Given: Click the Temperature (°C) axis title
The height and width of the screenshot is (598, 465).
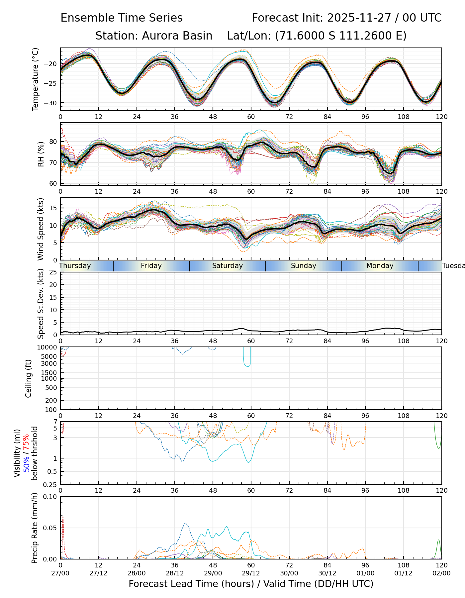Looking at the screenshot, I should (x=36, y=79).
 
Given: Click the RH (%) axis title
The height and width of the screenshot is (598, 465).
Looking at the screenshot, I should (x=41, y=154).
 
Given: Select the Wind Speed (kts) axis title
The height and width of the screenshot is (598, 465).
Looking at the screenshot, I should (x=41, y=229).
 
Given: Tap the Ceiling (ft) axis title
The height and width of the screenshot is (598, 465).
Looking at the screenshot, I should (x=29, y=378).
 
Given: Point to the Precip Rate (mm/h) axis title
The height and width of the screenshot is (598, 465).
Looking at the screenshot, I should (x=35, y=528).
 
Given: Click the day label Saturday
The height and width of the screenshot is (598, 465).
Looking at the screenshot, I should (x=228, y=266).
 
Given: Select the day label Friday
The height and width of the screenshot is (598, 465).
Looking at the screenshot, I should (x=151, y=266).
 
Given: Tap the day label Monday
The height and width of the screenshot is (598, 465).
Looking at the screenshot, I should (x=380, y=266).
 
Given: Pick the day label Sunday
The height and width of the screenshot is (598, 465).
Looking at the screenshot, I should (x=304, y=266).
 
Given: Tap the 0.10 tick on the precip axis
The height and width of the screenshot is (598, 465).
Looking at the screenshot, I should (x=51, y=497).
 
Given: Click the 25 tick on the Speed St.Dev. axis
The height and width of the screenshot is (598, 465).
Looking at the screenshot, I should (x=53, y=272).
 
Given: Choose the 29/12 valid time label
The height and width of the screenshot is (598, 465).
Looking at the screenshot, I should (x=251, y=573).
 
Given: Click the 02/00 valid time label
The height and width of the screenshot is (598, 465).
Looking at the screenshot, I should (x=441, y=573).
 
